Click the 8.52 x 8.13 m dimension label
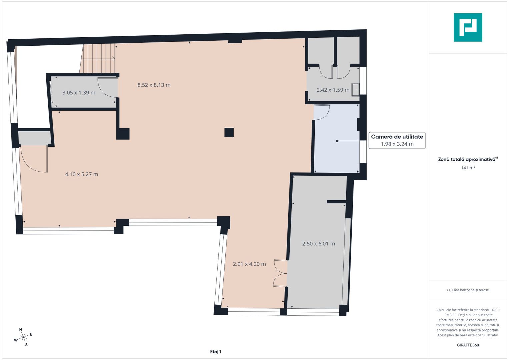click(154, 85)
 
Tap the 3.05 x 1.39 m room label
click(79, 93)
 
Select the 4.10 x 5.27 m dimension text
click(82, 174)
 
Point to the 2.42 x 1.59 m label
click(333, 90)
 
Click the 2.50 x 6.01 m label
click(318, 244)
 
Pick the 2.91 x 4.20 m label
click(249, 264)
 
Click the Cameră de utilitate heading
click(397, 137)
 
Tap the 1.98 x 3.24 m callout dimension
click(397, 144)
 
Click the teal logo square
click(468, 27)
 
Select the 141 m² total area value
click(468, 168)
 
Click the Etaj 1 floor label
click(216, 352)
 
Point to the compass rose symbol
click(23, 337)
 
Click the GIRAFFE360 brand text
click(468, 345)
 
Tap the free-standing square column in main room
click(229, 133)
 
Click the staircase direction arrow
click(98, 59)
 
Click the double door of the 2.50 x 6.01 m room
click(280, 273)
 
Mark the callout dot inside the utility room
click(337, 141)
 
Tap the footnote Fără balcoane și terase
click(468, 290)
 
